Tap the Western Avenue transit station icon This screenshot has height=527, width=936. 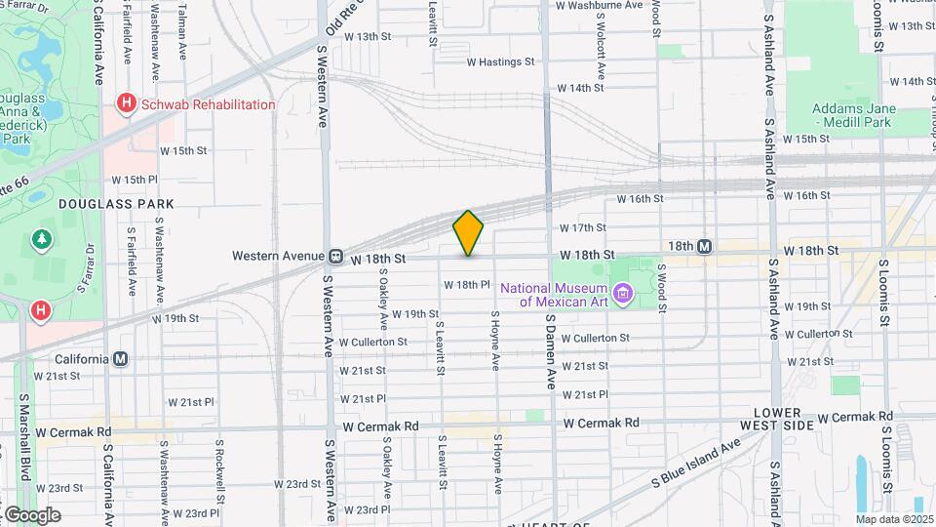pos(334,257)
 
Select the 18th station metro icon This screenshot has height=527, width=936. pos(704,247)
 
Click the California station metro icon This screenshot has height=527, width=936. pos(120,358)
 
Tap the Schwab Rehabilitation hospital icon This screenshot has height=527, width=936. pos(125,103)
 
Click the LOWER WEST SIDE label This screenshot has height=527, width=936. pos(783,419)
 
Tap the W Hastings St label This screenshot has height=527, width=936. pos(501,61)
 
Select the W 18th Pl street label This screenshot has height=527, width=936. pos(465,285)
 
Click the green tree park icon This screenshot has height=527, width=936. pos(41,238)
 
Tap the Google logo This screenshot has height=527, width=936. pos(31,514)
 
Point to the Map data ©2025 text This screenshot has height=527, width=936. pos(894,518)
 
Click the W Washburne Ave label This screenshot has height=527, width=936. pos(599,5)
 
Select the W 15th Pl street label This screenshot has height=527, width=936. pos(135,180)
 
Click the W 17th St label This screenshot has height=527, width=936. pos(583,227)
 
